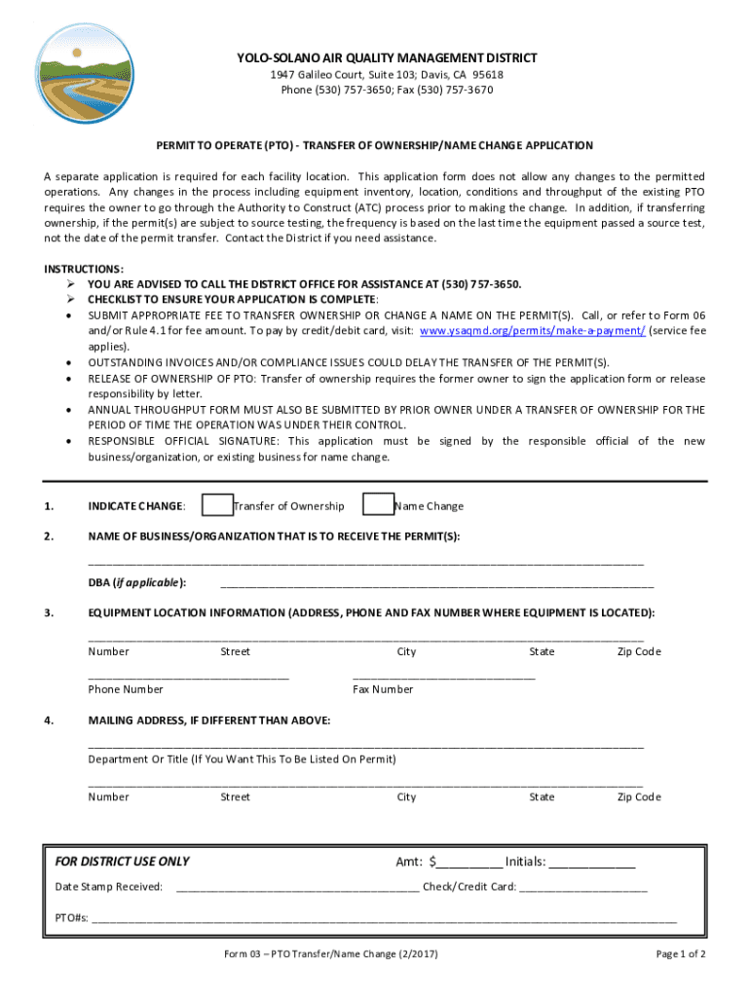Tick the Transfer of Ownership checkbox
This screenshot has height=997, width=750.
coord(217,505)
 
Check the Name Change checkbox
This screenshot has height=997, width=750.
coord(378,505)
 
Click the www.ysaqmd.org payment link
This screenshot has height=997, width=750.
coord(532,331)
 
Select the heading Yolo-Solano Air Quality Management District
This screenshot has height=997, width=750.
coord(387,58)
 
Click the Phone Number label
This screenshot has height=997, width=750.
coord(126,689)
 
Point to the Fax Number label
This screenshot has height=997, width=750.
coord(383,689)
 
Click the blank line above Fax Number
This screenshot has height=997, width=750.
coord(443,675)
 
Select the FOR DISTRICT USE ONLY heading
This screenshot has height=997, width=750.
coord(123,862)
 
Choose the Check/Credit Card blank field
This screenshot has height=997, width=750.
coord(583,888)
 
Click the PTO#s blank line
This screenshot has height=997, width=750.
coord(384,917)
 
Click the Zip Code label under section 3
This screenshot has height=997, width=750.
coord(639,652)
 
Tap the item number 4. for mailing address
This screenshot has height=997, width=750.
coord(49,720)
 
